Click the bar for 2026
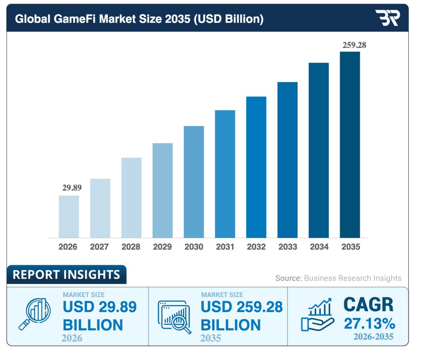(x=69, y=216)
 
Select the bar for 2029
(x=162, y=191)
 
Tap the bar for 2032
(x=256, y=167)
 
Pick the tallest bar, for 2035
(x=350, y=144)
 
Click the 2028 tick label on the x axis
(x=131, y=247)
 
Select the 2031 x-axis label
(x=225, y=247)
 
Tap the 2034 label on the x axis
(x=319, y=247)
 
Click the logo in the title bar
(x=387, y=18)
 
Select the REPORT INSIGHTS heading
(x=66, y=275)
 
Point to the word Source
(x=288, y=278)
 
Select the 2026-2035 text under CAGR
(x=373, y=337)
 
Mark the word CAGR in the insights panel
(x=368, y=305)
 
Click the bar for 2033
(x=287, y=160)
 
